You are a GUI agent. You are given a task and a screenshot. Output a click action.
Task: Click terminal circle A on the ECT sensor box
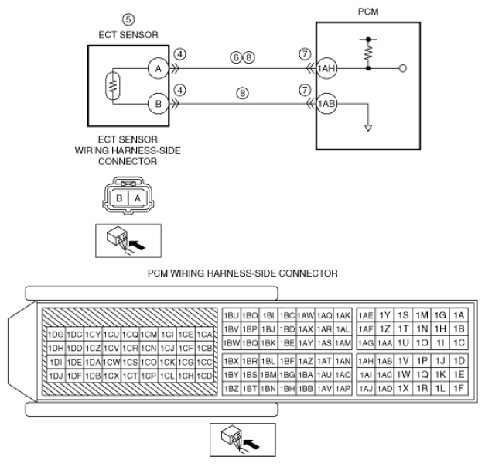coord(158,68)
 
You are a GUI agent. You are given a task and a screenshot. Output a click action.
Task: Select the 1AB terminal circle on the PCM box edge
coord(326,104)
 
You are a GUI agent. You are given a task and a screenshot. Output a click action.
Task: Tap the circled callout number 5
coord(128,20)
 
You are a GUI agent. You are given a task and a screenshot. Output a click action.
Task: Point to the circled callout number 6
coord(236,57)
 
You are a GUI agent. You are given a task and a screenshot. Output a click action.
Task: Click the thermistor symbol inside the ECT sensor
coord(113,86)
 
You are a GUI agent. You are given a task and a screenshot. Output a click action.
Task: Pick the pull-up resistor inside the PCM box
coord(368,53)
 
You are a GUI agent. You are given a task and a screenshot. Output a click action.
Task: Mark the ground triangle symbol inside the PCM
coord(368,128)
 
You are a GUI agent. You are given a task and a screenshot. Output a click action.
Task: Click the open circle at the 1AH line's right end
coord(402,68)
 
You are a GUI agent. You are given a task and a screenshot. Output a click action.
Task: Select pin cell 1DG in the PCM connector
coord(56,335)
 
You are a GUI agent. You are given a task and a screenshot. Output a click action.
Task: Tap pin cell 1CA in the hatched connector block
coord(204,335)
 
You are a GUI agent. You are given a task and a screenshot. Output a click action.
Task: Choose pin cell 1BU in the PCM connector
coord(231,315)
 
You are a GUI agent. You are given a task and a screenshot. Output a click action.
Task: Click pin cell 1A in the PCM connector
coord(459,315)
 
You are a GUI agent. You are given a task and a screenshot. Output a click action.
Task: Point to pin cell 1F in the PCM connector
coord(459,388)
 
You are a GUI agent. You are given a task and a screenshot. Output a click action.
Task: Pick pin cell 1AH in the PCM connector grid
coord(366,361)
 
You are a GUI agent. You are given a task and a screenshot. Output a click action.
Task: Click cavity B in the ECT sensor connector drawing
coord(119,198)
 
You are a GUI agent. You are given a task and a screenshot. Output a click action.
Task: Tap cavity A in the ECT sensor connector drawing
coord(138,198)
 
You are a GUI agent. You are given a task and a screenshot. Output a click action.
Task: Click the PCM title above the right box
coord(368,12)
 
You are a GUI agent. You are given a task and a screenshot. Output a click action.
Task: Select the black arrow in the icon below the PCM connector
coord(251,444)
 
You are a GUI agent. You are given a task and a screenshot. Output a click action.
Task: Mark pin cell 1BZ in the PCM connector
coord(231,388)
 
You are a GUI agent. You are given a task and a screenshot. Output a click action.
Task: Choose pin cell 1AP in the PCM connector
coord(343,388)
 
